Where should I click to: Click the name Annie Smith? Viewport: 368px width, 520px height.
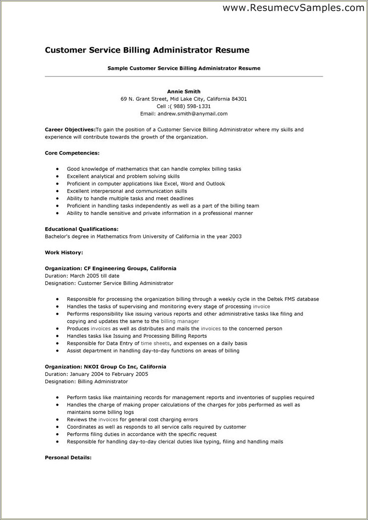184,91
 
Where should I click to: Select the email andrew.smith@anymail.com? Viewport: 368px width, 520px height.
191,114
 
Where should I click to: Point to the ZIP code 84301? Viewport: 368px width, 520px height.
239,98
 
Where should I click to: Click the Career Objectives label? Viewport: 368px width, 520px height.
70,130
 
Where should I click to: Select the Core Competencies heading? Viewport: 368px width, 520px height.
72,153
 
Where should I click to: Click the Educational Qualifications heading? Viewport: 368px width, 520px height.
82,229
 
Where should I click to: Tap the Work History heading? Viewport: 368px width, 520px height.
64,252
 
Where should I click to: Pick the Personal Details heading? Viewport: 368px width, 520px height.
68,458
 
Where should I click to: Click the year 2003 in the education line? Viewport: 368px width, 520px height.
235,236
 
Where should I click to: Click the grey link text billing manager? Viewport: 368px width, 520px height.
180,322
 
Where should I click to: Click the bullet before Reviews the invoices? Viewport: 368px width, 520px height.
57,420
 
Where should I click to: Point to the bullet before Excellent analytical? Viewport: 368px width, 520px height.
57,176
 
